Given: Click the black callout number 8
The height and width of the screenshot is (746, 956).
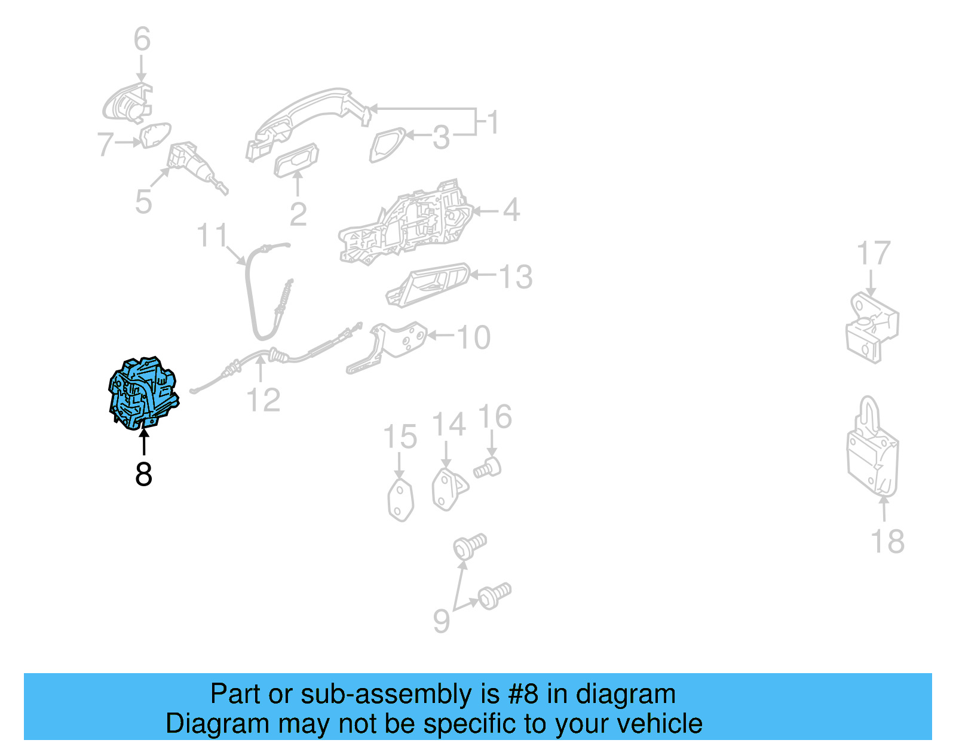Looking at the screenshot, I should click(143, 474).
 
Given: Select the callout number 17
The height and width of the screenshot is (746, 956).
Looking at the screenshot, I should click(873, 254).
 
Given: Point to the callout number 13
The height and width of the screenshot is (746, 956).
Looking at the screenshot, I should click(516, 277).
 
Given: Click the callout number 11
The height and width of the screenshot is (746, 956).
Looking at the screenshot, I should click(213, 235).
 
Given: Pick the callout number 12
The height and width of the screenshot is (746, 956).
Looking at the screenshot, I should click(263, 400).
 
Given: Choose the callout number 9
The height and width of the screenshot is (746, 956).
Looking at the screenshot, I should click(441, 621).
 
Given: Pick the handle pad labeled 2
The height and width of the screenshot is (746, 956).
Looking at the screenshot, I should click(296, 160).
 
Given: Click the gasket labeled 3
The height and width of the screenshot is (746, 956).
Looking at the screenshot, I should click(387, 145).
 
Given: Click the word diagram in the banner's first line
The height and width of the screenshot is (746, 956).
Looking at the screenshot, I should click(626, 694).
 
